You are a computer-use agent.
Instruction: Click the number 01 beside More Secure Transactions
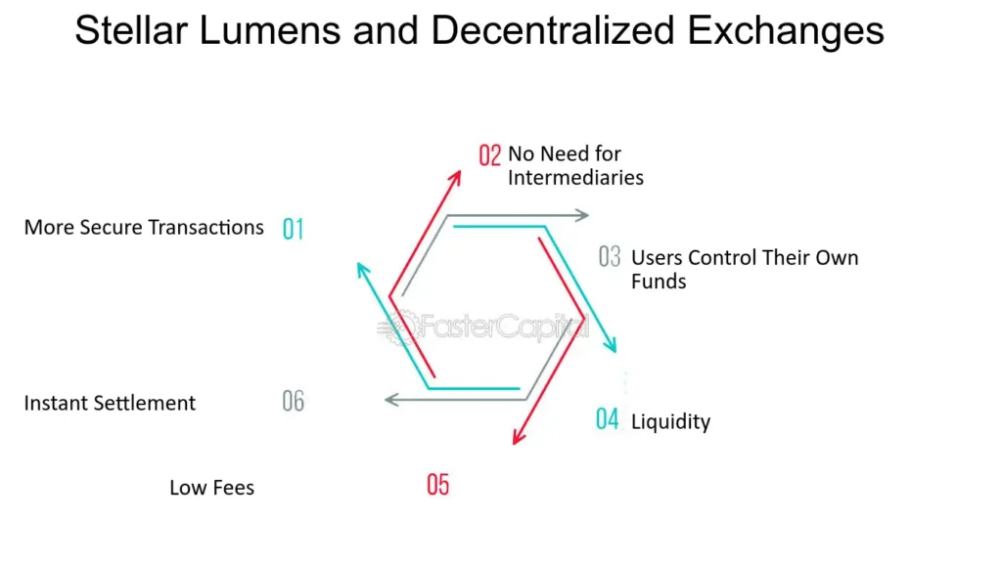pos(293,229)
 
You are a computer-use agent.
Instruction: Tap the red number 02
pos(489,154)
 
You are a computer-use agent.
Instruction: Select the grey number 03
pos(610,257)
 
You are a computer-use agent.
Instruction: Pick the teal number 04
pos(608,420)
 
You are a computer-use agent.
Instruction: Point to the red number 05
pos(437,484)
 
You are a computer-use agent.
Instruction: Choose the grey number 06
pos(293,401)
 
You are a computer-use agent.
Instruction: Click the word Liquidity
pos(670,422)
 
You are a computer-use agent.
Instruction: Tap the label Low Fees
pos(211,487)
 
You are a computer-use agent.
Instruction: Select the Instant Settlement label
pos(110,403)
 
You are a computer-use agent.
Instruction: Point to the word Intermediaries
pos(575,178)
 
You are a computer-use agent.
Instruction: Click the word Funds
pos(659,281)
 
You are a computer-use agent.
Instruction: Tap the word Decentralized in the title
pos(552,31)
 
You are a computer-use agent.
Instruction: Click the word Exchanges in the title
pos(787,31)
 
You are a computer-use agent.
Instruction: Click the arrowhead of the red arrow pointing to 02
pos(457,174)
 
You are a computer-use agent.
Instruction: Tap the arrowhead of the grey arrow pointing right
pos(584,215)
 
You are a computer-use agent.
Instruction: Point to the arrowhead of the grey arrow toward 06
pos(390,399)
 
